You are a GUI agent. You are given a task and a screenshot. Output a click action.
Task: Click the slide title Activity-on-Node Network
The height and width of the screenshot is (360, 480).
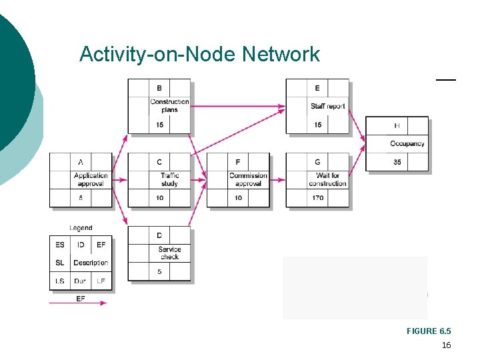pos(199,54)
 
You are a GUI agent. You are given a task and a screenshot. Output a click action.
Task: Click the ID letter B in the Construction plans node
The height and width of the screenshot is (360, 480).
pos(159,88)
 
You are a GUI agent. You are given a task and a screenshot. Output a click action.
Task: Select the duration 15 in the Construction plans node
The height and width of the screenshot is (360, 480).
pos(159,125)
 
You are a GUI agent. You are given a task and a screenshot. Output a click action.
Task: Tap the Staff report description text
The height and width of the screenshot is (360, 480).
pos(328,106)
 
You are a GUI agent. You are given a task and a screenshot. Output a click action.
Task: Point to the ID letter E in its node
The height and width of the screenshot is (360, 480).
pos(317,88)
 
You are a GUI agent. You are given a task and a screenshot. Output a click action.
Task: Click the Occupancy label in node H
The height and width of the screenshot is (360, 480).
pos(407,143)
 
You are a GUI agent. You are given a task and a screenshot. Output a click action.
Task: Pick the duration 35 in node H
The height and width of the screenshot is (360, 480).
pos(397,162)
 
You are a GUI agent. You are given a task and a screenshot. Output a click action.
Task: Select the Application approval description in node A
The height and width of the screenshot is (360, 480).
pos(91,179)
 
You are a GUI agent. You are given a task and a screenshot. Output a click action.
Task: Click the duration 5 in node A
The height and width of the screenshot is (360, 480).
pos(80,198)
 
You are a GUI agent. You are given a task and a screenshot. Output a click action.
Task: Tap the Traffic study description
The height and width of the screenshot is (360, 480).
pos(169,179)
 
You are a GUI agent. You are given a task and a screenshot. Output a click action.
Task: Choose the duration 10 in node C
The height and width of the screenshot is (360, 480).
pos(159,198)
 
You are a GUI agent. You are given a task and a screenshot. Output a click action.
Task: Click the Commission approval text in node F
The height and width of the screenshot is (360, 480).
pos(248,179)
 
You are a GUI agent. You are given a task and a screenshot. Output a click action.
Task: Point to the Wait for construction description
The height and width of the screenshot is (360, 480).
pos(327,179)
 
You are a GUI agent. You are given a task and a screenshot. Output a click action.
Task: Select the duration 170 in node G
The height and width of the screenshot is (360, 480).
pos(317,198)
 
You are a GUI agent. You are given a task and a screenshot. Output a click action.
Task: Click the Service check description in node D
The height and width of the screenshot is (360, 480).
pos(169,253)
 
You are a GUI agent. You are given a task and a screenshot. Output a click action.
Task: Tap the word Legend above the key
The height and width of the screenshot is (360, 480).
pos(81,228)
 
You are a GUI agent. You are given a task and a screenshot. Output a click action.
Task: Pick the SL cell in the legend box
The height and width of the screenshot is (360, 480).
pos(59,263)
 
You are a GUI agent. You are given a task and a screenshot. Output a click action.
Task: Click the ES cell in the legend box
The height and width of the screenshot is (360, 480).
pos(59,245)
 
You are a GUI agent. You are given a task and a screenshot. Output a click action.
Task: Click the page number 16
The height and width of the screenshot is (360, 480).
pos(446,345)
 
